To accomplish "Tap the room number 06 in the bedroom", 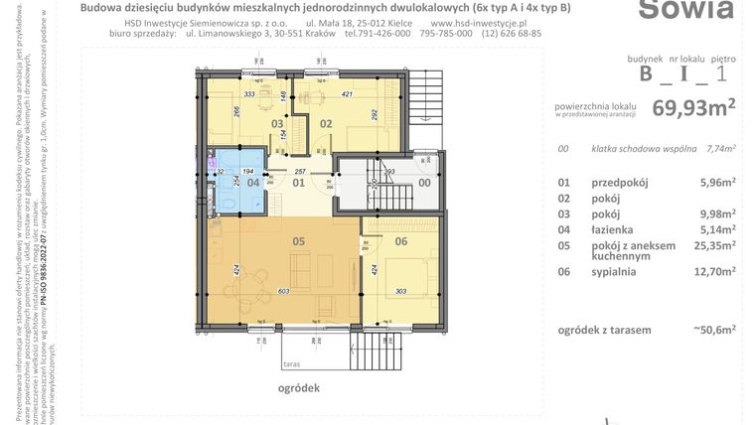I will (x=401, y=240).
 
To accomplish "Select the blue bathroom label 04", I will (x=253, y=183).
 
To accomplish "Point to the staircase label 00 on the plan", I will (x=424, y=183).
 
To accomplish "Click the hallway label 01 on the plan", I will (x=297, y=183).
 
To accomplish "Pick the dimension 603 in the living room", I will (x=285, y=290).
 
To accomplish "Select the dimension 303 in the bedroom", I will (x=401, y=291).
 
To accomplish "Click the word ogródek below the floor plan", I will (x=299, y=389).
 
